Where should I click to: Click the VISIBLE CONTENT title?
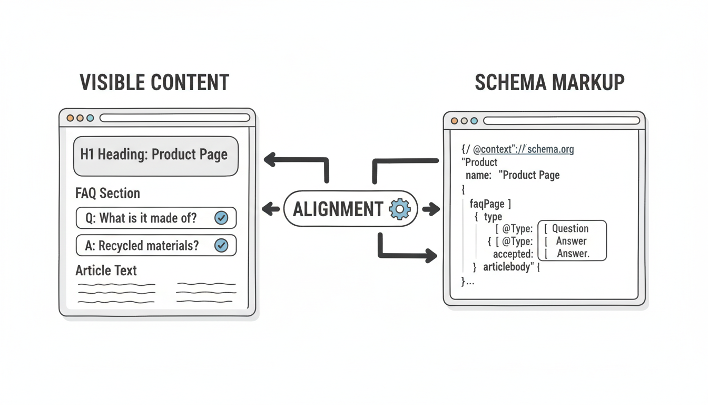(x=154, y=83)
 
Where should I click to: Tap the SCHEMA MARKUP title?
(x=549, y=83)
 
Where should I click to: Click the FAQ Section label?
(x=108, y=193)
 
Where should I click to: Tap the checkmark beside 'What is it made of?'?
(x=221, y=218)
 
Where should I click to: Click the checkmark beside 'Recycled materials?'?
(x=221, y=245)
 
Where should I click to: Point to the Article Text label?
(x=106, y=271)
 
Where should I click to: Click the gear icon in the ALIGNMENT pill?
(x=399, y=209)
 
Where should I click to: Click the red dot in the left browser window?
(x=70, y=118)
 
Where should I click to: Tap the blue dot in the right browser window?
(x=474, y=121)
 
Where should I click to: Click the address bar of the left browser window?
(x=174, y=118)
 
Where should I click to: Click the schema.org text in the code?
(x=550, y=149)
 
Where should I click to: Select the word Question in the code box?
(x=570, y=228)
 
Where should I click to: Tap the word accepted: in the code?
(x=513, y=254)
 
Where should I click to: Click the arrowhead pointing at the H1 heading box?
(x=270, y=159)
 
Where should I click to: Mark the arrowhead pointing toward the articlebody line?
(x=431, y=256)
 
